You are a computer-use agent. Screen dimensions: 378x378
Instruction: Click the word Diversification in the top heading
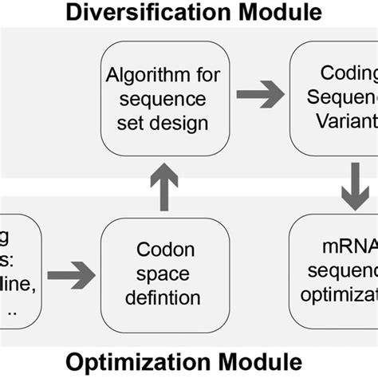[x=146, y=11]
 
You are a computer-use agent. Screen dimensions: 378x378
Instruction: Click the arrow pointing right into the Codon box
[x=71, y=276]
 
